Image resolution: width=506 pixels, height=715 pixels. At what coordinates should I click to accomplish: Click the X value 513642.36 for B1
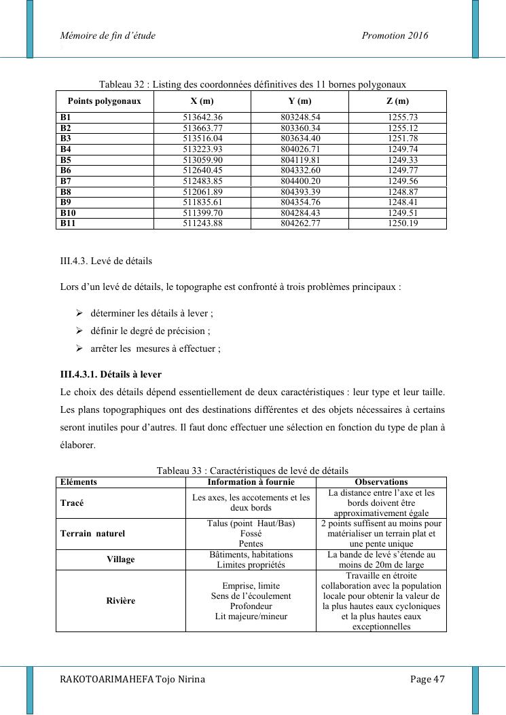click(202, 117)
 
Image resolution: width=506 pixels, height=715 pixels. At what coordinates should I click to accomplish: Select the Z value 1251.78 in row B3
click(397, 139)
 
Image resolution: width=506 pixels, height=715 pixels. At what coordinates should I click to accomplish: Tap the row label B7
click(66, 181)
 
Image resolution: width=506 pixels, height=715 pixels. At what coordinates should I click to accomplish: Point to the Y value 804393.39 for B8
click(300, 192)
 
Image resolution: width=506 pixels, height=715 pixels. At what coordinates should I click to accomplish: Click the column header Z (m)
click(397, 101)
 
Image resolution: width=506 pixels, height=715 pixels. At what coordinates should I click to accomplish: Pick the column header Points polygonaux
click(105, 101)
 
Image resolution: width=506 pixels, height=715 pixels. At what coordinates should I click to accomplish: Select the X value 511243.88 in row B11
click(202, 223)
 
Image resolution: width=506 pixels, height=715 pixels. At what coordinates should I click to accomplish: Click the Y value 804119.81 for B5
click(300, 160)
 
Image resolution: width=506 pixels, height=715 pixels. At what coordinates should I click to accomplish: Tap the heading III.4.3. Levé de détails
click(106, 261)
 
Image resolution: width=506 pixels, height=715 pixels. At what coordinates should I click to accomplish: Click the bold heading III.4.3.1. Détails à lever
click(111, 374)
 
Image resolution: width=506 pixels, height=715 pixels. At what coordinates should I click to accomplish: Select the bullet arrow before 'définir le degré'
click(79, 331)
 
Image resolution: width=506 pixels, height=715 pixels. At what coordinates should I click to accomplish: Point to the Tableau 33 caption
click(252, 471)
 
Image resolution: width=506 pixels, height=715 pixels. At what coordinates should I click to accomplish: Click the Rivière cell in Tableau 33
click(121, 601)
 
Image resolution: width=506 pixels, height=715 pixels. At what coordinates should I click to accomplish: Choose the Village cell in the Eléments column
click(121, 560)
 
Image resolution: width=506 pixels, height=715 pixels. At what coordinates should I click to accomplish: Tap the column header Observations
click(381, 482)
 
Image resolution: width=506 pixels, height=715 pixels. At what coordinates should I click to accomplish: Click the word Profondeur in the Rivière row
click(251, 606)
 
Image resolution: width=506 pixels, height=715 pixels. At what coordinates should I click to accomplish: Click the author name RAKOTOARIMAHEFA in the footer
click(107, 680)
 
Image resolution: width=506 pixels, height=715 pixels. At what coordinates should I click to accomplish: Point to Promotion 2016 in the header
click(395, 35)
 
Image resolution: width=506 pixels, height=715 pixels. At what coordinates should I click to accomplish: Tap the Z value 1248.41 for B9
click(397, 202)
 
